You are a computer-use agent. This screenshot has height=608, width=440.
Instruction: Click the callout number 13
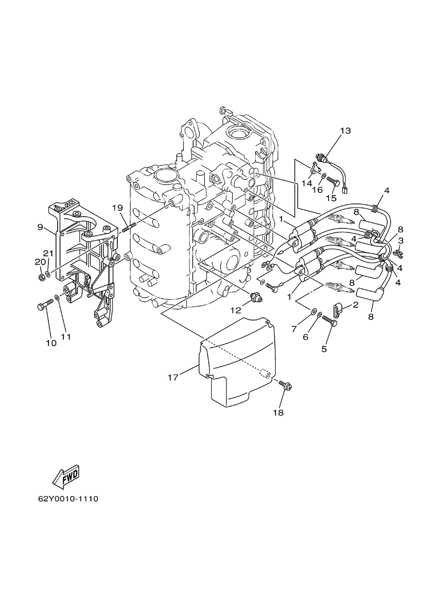tap(345, 131)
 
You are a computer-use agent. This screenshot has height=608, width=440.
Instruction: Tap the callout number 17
tap(173, 377)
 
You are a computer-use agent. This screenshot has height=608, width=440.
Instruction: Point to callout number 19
tap(118, 208)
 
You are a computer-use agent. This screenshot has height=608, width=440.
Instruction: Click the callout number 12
tap(236, 311)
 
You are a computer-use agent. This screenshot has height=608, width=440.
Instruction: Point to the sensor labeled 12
tap(256, 297)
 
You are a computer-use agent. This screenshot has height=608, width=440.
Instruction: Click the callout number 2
tap(355, 305)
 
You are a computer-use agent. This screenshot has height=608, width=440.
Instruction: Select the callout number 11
tap(66, 337)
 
